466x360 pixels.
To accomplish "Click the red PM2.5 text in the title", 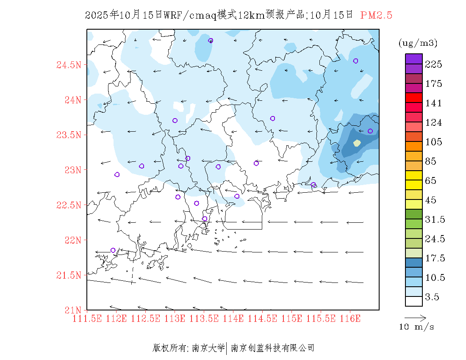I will (376, 15).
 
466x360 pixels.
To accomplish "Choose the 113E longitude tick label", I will (175, 318).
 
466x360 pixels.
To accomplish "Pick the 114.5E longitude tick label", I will (262, 318).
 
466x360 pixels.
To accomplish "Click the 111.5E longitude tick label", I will (87, 318).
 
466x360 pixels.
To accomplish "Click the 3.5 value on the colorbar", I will (432, 297).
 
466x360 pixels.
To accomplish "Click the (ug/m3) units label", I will (418, 43).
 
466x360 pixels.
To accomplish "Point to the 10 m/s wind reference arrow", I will (415, 317).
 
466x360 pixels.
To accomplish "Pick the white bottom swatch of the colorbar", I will (414, 301).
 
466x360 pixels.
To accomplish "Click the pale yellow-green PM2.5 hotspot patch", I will (357, 143).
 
